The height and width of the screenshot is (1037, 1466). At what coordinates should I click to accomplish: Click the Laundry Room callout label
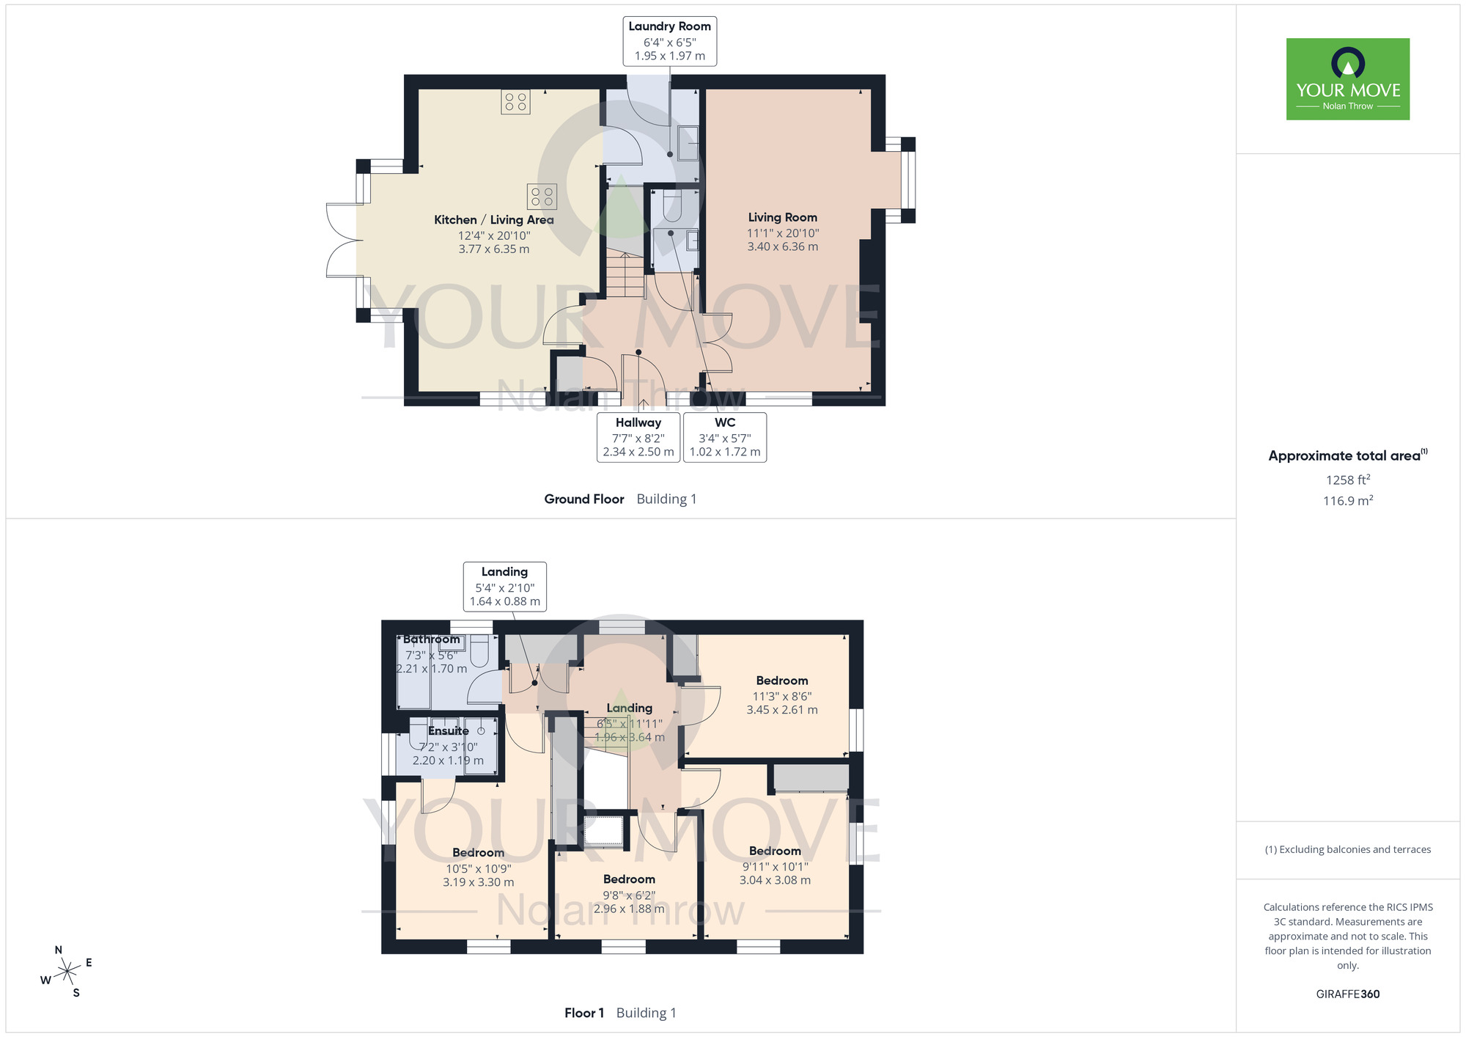point(670,41)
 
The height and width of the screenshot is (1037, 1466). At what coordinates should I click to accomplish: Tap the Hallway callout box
point(638,437)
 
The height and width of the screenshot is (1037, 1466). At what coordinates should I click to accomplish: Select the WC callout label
point(725,437)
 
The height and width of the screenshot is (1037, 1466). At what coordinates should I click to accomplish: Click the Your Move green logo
point(1348,79)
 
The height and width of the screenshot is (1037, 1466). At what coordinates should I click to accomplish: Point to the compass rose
point(67,972)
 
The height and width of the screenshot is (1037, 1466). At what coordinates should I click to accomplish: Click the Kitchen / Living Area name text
point(494,220)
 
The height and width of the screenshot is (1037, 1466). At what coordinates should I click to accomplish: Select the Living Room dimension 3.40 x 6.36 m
point(783,247)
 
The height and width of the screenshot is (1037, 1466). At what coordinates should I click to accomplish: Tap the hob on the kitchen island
point(542,197)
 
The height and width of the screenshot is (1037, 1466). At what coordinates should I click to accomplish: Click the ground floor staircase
point(625,274)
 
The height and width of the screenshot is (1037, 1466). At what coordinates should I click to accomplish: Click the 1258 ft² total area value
point(1348,480)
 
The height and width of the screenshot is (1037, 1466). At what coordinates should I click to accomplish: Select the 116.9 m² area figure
point(1348,501)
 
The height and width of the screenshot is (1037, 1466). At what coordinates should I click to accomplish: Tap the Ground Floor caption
point(584,499)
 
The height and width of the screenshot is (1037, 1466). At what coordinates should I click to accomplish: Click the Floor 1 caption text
point(584,1014)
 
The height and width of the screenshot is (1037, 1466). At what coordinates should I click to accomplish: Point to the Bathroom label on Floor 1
point(432,640)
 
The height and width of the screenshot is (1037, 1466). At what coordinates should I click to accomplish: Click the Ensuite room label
point(449,731)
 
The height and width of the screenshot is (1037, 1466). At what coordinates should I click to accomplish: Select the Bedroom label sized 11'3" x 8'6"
point(782,681)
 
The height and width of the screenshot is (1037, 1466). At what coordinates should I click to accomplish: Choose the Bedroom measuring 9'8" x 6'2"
point(629,879)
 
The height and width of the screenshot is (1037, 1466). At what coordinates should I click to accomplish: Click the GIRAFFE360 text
point(1348,994)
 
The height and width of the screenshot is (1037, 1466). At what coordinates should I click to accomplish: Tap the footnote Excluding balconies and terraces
point(1348,850)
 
